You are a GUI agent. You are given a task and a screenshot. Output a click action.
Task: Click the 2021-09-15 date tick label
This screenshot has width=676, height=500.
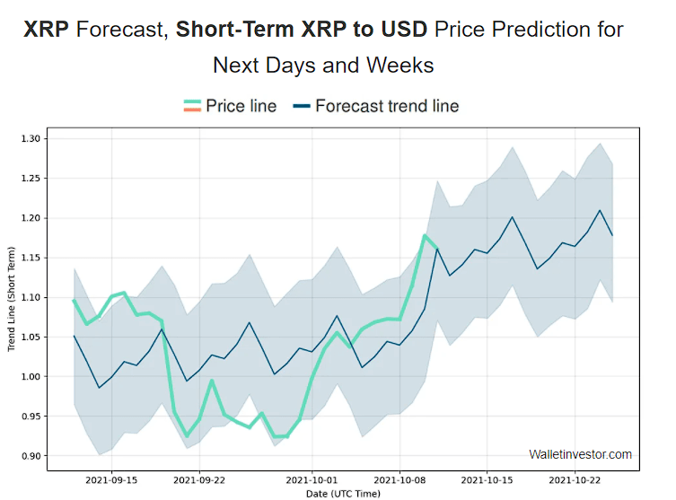point(111,479)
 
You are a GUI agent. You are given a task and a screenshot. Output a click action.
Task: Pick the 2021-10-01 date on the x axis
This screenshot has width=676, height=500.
point(312,479)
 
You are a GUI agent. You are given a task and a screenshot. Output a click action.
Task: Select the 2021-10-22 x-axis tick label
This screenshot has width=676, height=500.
point(575,479)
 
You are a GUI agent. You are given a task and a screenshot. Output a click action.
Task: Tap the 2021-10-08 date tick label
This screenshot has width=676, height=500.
point(400,479)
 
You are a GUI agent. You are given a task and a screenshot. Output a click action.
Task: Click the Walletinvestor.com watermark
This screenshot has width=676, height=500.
point(580,454)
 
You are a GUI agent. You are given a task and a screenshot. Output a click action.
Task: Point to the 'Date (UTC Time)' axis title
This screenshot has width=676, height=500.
point(342,493)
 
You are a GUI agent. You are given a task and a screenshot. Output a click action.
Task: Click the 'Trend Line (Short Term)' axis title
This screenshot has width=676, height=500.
point(12,297)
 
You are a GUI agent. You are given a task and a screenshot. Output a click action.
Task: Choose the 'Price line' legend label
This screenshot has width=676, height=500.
point(241,106)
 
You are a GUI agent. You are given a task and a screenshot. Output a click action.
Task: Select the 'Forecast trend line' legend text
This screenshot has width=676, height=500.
point(387,106)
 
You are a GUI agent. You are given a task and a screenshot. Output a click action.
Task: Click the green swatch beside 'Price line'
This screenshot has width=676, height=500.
point(191,106)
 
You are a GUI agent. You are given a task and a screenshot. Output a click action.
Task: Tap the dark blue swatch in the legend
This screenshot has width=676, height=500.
point(301,106)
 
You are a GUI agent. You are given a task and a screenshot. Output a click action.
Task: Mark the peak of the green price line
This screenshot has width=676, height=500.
point(425,235)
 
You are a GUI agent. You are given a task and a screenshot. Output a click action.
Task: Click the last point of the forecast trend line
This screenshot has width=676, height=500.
point(612,235)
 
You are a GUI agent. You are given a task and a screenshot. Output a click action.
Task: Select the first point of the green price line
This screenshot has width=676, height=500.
point(74,300)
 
